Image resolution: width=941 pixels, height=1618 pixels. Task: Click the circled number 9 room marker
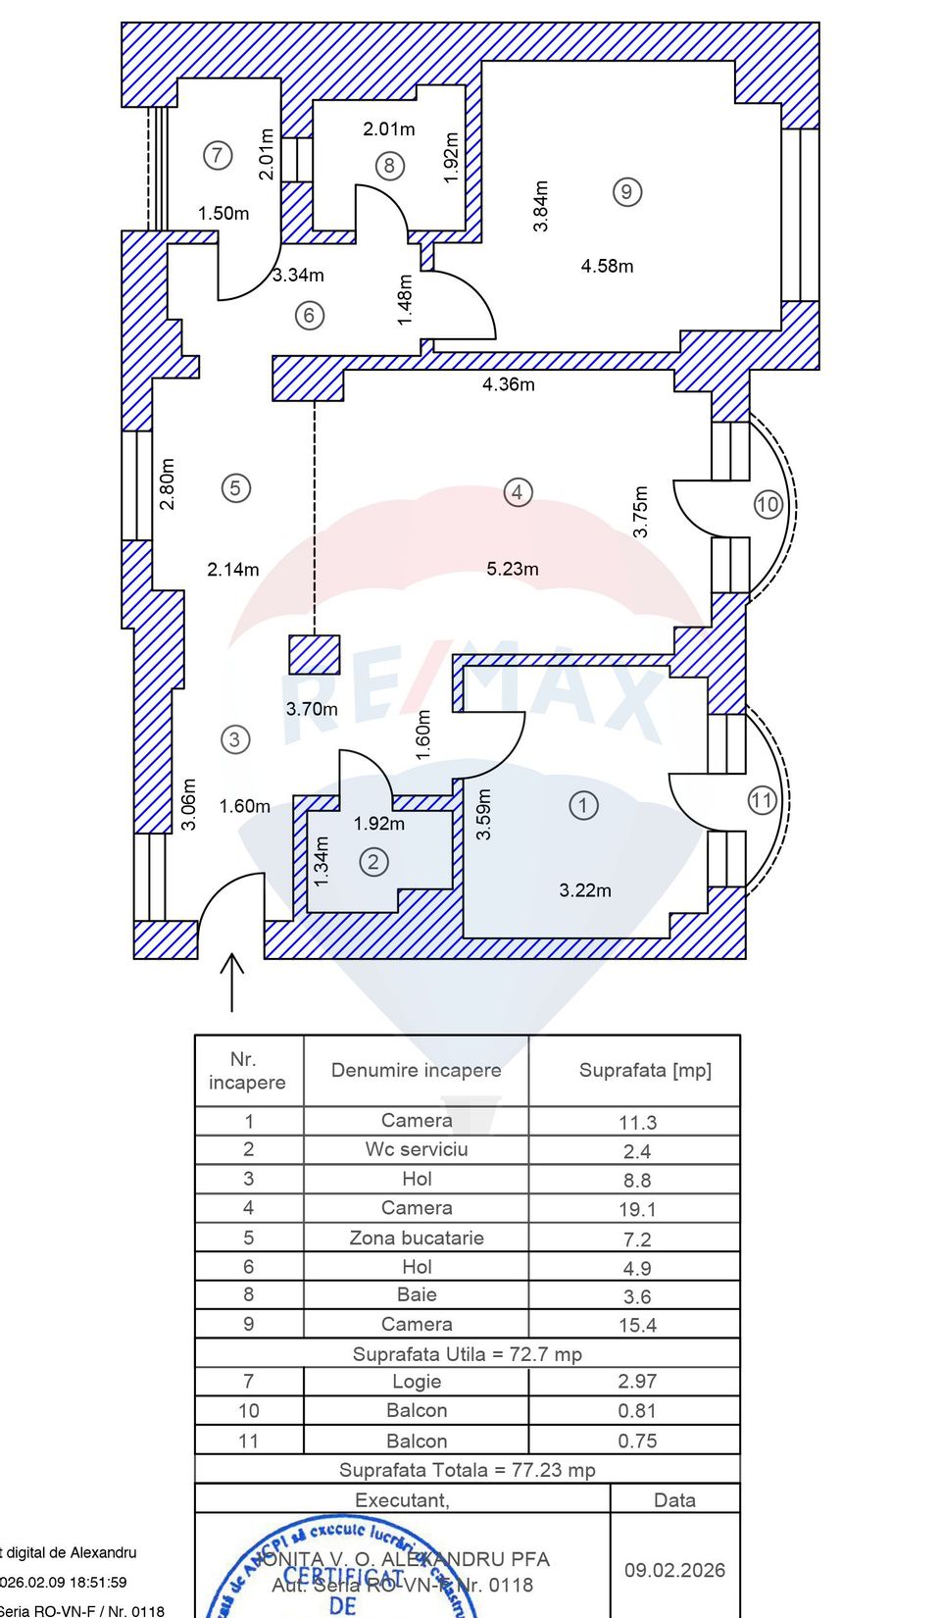coord(626,191)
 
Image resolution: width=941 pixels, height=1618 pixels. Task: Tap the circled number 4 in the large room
coord(518,491)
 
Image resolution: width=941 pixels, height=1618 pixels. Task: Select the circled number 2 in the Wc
coord(372,862)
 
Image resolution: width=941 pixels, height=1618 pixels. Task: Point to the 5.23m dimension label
coord(513,569)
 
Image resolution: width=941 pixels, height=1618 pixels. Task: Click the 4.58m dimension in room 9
coord(607,266)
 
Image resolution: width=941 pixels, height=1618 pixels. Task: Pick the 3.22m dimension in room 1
coord(585,890)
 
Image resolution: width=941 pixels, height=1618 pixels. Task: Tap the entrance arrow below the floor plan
coord(231,981)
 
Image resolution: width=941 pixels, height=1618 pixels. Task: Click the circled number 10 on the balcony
coord(768,505)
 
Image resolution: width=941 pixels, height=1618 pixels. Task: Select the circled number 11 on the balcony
coord(762,800)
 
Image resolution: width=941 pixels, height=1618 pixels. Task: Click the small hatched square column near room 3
coord(315,654)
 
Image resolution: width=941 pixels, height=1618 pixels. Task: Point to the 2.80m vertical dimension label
coord(168,483)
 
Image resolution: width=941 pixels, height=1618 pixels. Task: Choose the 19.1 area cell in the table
coord(636,1210)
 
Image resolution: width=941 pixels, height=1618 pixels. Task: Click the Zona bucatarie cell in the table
coord(417,1238)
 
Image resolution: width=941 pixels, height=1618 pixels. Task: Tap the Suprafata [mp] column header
coord(645,1070)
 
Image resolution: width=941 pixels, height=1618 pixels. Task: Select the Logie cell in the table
coord(417,1382)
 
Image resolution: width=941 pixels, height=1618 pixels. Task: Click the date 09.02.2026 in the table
coord(674,1570)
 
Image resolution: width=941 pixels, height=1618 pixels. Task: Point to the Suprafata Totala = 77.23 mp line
coord(467,1470)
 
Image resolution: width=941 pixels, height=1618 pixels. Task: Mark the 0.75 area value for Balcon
coord(636,1441)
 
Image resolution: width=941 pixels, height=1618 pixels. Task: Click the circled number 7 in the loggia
coord(218,155)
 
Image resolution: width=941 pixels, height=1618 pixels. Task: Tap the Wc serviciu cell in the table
coord(417,1149)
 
